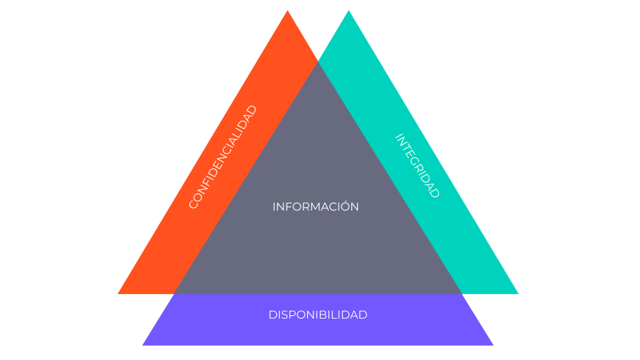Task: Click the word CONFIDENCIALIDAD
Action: pyautogui.click(x=223, y=157)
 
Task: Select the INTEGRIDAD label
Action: pyautogui.click(x=418, y=166)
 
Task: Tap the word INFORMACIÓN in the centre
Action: pyautogui.click(x=315, y=207)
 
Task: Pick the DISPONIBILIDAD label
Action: pyautogui.click(x=317, y=315)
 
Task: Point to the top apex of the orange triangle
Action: pyautogui.click(x=287, y=11)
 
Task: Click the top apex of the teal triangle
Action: pyautogui.click(x=349, y=11)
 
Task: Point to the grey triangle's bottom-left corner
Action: pyautogui.click(x=175, y=293)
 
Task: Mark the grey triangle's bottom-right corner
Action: pyautogui.click(x=461, y=293)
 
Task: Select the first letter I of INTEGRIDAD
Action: pyautogui.click(x=398, y=136)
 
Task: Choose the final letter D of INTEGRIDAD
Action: pyautogui.click(x=436, y=194)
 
